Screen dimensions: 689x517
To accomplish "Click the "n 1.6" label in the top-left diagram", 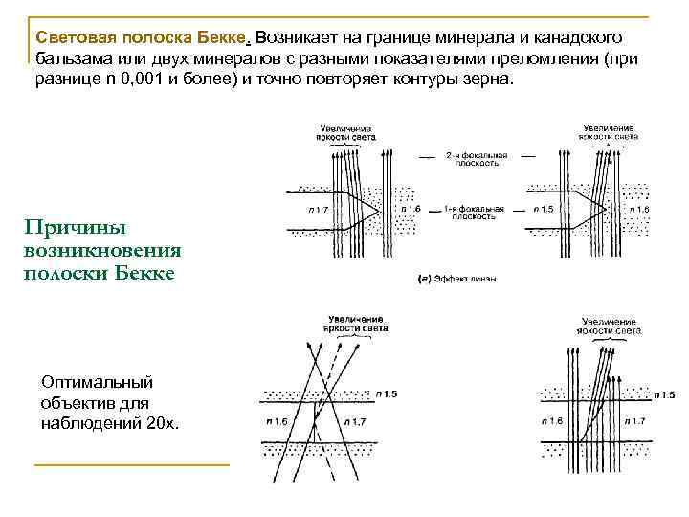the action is pos(408,207).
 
